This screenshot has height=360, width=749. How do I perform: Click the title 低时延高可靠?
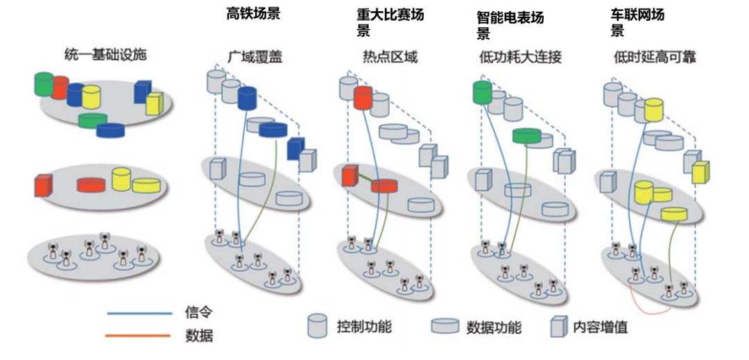655,57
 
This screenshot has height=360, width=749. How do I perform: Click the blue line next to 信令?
139,313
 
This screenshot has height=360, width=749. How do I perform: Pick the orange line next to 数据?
139,336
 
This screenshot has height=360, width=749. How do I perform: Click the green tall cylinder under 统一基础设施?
44,83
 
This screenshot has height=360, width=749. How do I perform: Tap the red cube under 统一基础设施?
44,185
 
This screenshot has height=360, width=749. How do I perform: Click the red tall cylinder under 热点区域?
363,98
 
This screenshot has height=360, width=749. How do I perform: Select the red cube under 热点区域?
350,176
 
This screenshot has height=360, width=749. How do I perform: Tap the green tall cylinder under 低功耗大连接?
482,92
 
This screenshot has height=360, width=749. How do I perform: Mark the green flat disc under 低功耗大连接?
526,137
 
